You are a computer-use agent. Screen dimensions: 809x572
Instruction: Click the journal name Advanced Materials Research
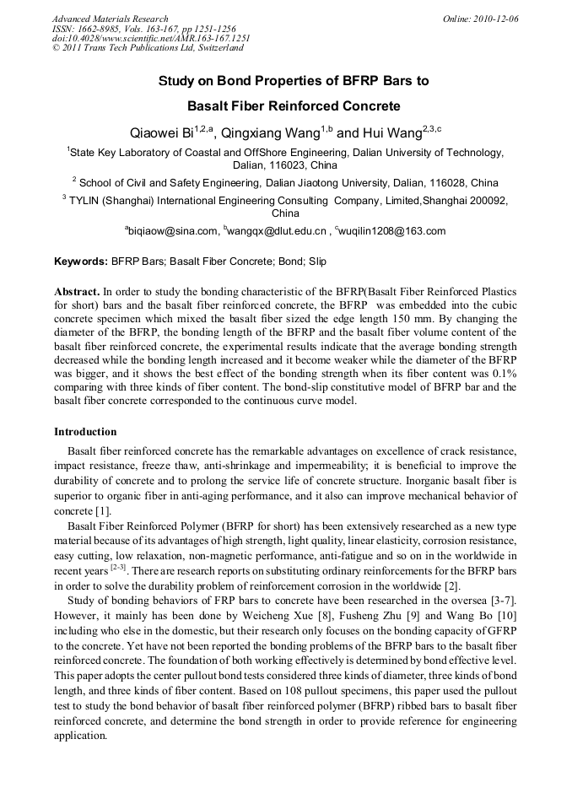(x=110, y=19)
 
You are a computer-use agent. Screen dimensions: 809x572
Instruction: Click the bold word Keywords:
(x=81, y=262)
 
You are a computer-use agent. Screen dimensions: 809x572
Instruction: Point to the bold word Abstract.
(x=77, y=291)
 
